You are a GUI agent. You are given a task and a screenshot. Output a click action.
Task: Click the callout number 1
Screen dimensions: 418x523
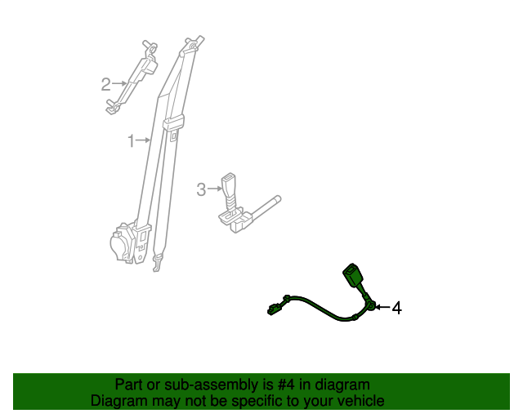pyautogui.click(x=131, y=142)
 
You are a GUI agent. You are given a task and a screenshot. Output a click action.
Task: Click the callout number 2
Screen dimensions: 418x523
pyautogui.click(x=105, y=83)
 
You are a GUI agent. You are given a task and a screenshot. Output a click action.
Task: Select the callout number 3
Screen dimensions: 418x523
pyautogui.click(x=201, y=189)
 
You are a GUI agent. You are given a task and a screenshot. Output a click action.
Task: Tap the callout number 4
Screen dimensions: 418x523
pyautogui.click(x=396, y=308)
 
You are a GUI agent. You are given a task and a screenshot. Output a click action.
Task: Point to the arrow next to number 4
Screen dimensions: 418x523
pyautogui.click(x=382, y=307)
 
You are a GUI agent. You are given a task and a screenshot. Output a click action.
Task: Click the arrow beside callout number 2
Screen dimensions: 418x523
pyautogui.click(x=119, y=82)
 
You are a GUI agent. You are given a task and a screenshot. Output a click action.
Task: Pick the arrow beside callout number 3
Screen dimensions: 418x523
pyautogui.click(x=215, y=189)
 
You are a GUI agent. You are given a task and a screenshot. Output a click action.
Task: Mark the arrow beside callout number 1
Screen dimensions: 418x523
pyautogui.click(x=144, y=141)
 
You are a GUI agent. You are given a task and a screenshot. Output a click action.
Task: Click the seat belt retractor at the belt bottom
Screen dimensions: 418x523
pyautogui.click(x=124, y=242)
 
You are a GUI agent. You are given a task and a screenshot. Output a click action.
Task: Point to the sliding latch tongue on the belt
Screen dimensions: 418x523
pyautogui.click(x=173, y=125)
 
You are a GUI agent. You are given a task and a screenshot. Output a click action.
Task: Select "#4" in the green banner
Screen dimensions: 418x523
pyautogui.click(x=284, y=385)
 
